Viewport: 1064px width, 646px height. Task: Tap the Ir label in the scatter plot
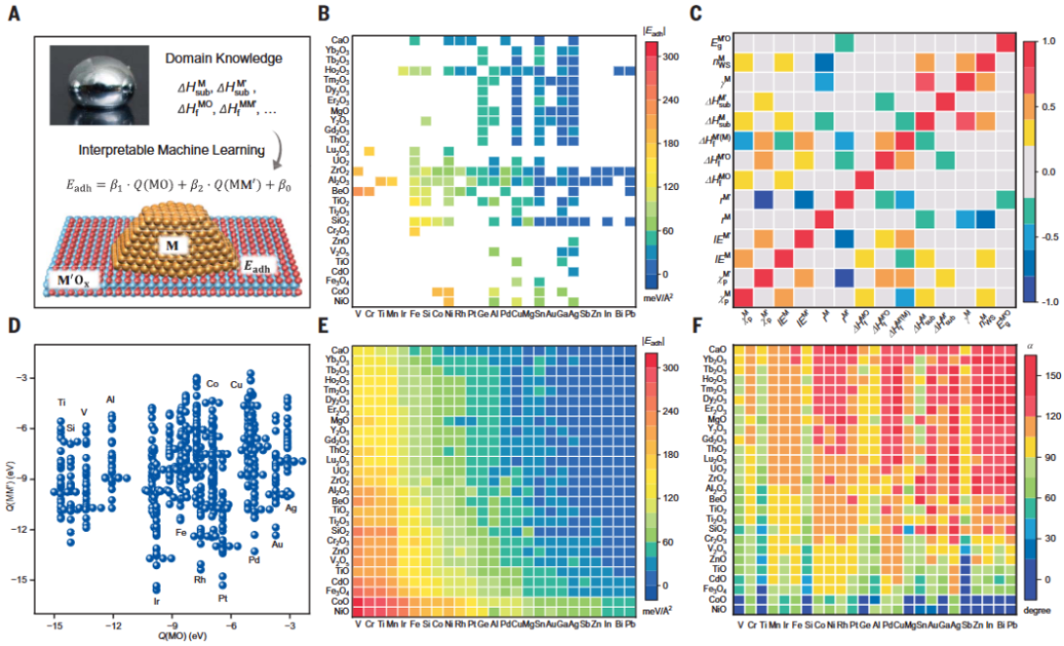(x=156, y=601)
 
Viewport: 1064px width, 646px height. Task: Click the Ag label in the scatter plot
(x=292, y=508)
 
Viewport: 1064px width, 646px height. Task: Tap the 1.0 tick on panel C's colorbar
(x=1047, y=42)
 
